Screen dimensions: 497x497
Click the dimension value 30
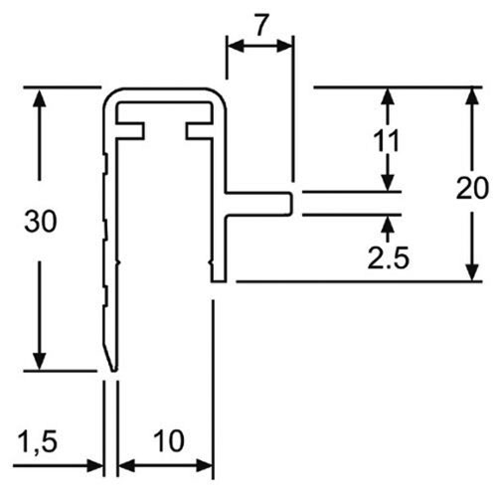[41, 222]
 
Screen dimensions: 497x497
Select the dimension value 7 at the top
[260, 26]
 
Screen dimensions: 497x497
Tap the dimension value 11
[387, 141]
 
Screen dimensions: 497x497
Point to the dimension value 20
[472, 188]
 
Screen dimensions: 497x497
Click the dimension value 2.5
[389, 257]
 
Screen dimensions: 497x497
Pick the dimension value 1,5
[38, 442]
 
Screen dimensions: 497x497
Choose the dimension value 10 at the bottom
[169, 441]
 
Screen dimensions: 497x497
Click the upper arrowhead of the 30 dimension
[40, 97]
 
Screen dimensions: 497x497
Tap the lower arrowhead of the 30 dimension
[40, 361]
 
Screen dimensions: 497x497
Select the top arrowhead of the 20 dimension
[474, 97]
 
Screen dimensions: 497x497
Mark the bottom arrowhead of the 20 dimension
[474, 271]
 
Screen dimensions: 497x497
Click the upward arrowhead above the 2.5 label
[388, 226]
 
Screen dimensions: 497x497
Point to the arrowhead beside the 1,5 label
[94, 465]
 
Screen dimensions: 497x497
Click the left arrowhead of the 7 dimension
[237, 46]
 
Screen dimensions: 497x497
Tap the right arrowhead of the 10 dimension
[204, 465]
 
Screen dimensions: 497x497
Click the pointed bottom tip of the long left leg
[113, 370]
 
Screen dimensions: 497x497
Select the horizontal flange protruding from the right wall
[259, 204]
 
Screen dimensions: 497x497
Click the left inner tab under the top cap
[130, 130]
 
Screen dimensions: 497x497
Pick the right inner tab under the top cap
[200, 130]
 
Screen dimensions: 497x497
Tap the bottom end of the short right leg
[219, 281]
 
